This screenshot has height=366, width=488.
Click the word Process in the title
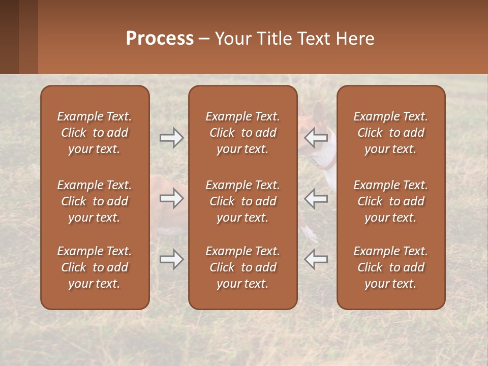point(160,39)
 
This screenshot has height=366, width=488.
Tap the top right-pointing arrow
point(171,138)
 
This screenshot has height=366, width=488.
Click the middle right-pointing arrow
point(171,198)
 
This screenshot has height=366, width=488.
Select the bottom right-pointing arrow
point(171,259)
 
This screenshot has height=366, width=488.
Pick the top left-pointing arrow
point(316,138)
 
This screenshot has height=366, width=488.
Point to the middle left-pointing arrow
point(316,198)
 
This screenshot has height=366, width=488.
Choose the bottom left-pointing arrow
point(316,259)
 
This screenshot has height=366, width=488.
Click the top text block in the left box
point(95,133)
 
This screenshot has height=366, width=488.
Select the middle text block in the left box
point(95,201)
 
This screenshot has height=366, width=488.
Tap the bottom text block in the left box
point(95,267)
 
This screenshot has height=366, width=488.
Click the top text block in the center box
point(243,133)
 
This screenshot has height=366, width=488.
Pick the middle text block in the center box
point(243,201)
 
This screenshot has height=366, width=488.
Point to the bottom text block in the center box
point(243,267)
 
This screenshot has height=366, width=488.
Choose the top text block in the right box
point(391,133)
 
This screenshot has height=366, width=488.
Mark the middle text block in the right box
point(391,201)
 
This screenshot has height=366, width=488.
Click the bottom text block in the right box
point(391,267)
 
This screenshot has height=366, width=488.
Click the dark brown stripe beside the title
point(9,37)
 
